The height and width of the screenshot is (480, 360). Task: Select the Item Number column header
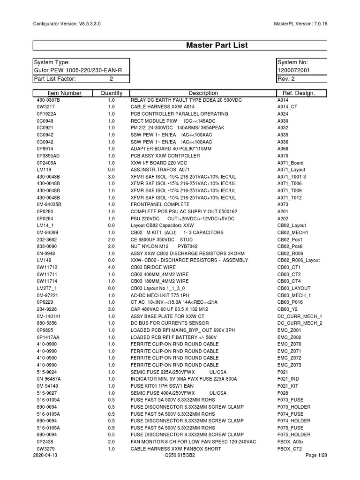coord(64,93)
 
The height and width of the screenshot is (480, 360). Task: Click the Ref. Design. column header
coord(296,93)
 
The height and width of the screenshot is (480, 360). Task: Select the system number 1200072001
coord(293,70)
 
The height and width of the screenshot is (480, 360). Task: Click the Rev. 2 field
coord(286,79)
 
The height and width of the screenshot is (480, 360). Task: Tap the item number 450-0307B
coord(49,100)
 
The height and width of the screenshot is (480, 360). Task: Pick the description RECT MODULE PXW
coord(154,121)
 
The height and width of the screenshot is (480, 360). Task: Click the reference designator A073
coord(283,204)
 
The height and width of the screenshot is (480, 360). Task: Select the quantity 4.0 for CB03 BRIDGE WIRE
coord(111,267)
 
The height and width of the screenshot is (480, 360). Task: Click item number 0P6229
coord(46,302)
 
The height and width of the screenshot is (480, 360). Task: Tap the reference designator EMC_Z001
coord(290,330)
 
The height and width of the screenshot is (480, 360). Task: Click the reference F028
coord(282,393)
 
